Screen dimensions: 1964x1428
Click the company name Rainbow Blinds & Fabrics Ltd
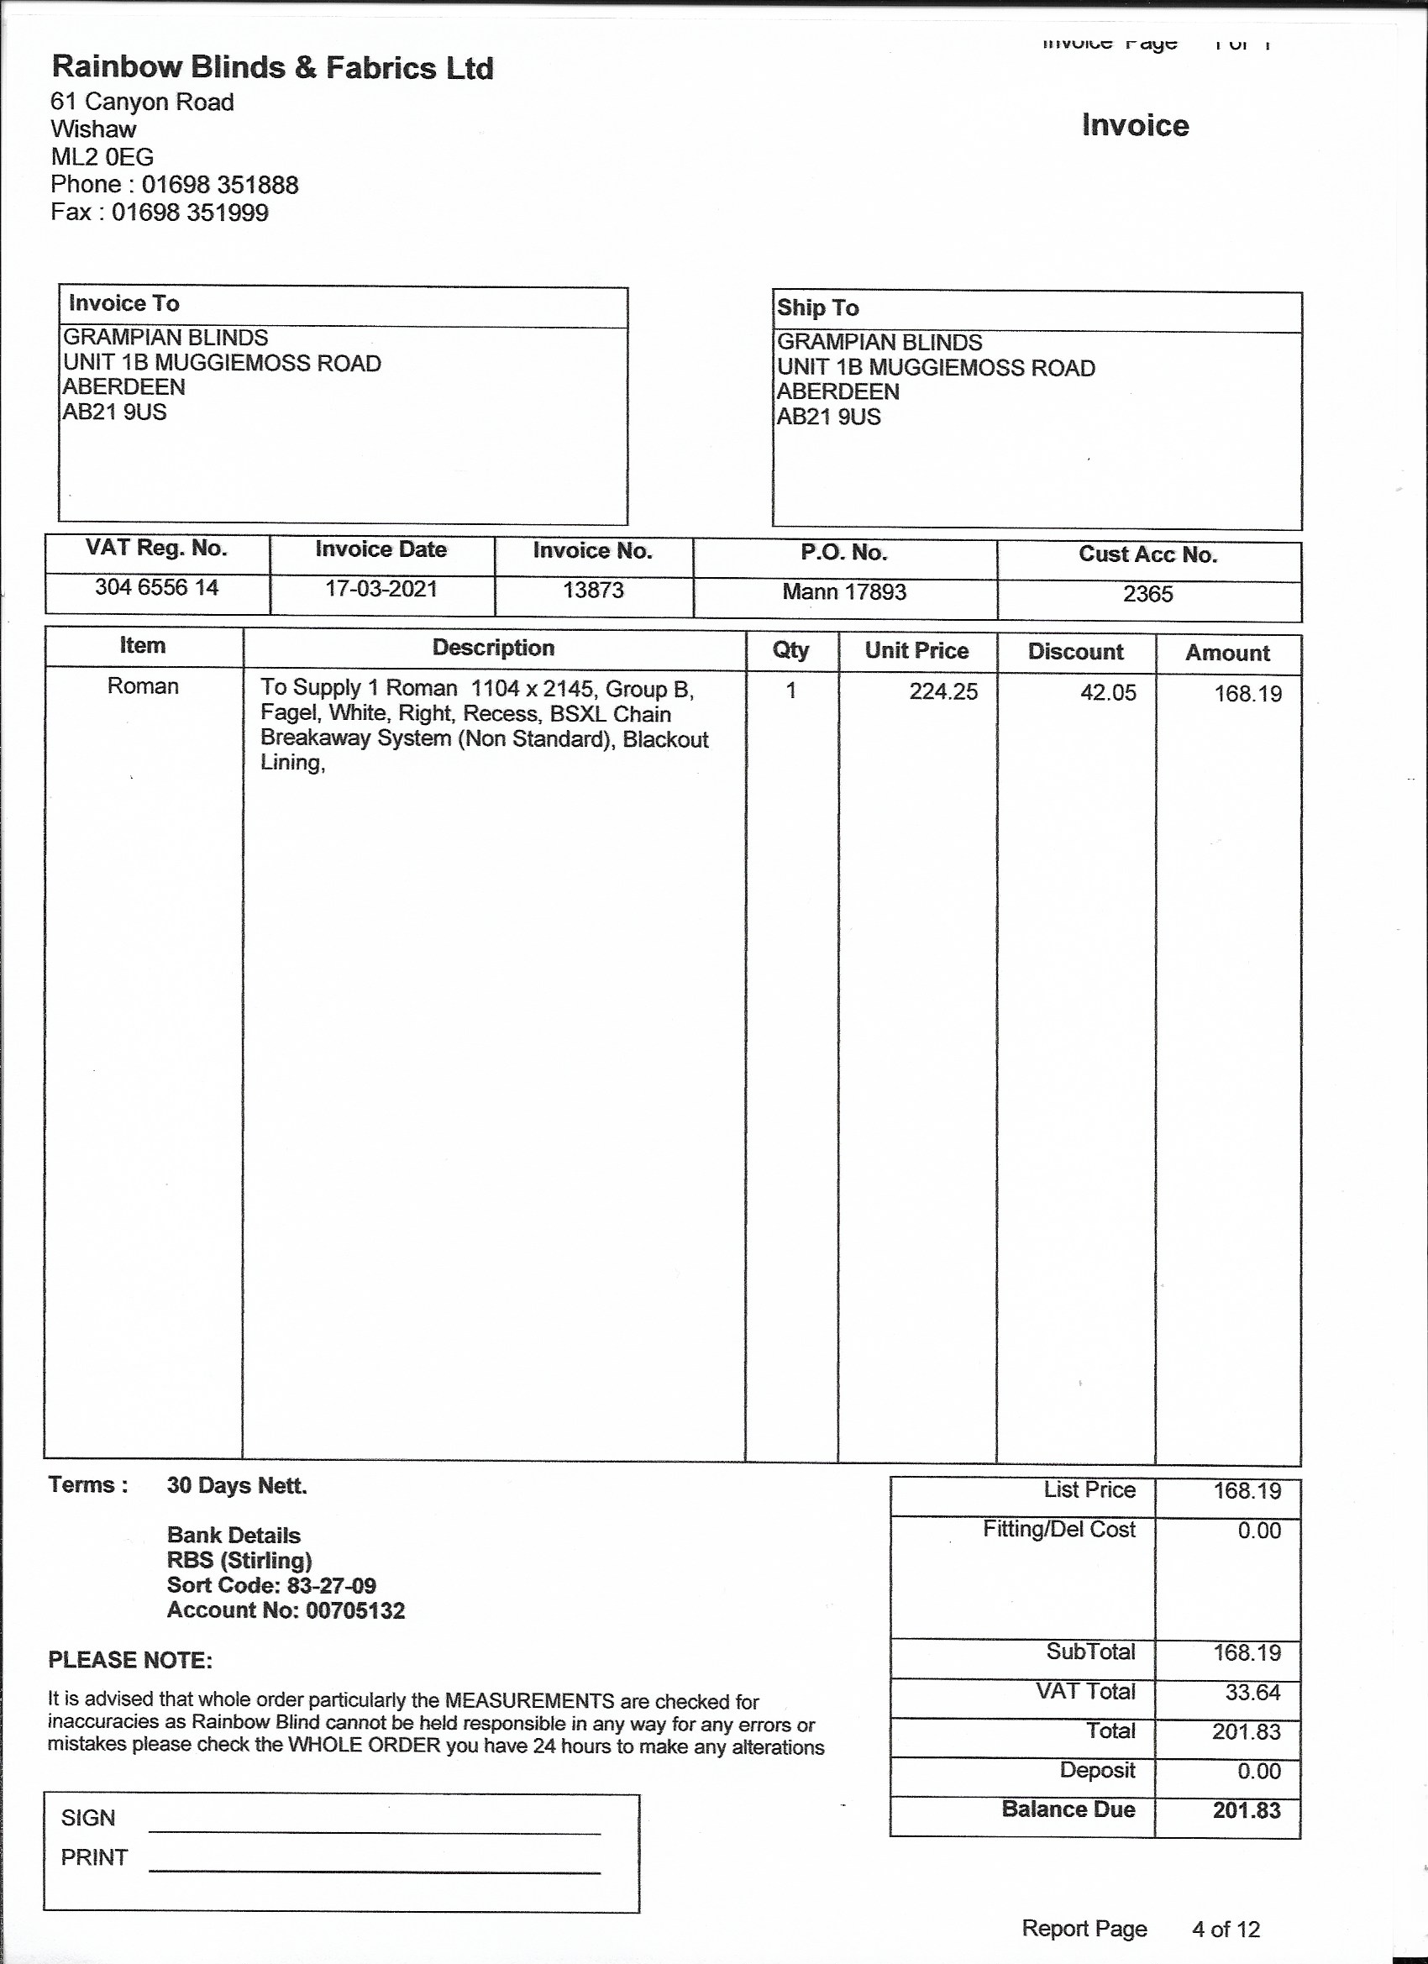pos(272,67)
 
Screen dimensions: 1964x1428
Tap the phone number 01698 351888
pos(220,185)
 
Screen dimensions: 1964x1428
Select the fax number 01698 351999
pos(190,213)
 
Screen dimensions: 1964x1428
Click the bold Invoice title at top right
pos(1135,125)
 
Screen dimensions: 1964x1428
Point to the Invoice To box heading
pos(123,303)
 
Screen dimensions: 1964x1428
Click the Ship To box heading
pos(817,308)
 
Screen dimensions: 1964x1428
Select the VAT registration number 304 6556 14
pos(157,588)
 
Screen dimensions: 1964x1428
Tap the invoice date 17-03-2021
pos(381,589)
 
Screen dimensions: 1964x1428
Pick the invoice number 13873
pos(593,591)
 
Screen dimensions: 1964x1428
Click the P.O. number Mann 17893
pos(844,592)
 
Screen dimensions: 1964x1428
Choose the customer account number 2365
pos(1147,594)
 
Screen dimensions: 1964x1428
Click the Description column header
pos(494,648)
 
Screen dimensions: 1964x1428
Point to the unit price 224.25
pos(943,692)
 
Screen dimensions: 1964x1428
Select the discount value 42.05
pos(1108,693)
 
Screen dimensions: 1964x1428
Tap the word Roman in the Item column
pos(143,685)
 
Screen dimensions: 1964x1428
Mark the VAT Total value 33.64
pos(1252,1693)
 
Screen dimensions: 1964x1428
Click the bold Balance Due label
pos(1068,1809)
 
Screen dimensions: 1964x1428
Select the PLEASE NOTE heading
pos(130,1660)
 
